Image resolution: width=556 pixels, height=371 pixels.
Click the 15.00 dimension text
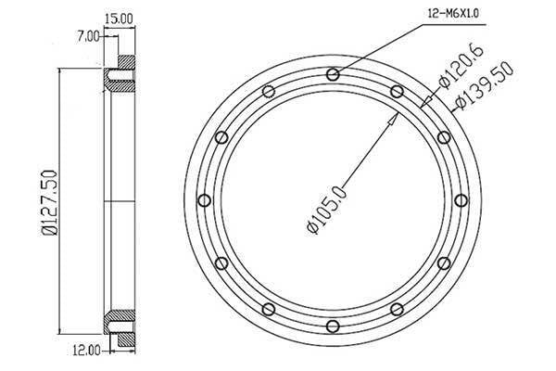(x=120, y=18)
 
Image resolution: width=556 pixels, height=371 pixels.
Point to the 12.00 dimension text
(x=86, y=351)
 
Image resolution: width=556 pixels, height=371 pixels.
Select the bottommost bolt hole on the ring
(x=333, y=326)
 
